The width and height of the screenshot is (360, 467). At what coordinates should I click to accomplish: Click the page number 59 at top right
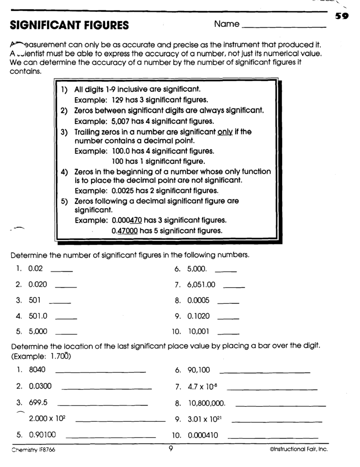(x=342, y=17)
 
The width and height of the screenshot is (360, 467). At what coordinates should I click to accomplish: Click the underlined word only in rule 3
(x=225, y=132)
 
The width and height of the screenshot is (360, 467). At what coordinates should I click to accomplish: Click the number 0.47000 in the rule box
(x=124, y=231)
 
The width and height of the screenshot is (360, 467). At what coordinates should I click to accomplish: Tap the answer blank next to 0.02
(x=62, y=271)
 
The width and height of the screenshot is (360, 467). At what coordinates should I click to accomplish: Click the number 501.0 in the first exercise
(x=38, y=315)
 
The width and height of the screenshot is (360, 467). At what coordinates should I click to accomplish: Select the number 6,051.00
(x=201, y=285)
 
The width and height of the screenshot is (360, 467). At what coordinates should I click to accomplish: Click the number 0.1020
(x=197, y=315)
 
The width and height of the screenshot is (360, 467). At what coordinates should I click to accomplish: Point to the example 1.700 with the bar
(x=59, y=356)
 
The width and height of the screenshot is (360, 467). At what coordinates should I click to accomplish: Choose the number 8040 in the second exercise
(x=37, y=370)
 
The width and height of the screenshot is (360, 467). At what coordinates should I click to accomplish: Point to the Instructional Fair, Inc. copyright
(x=298, y=449)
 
